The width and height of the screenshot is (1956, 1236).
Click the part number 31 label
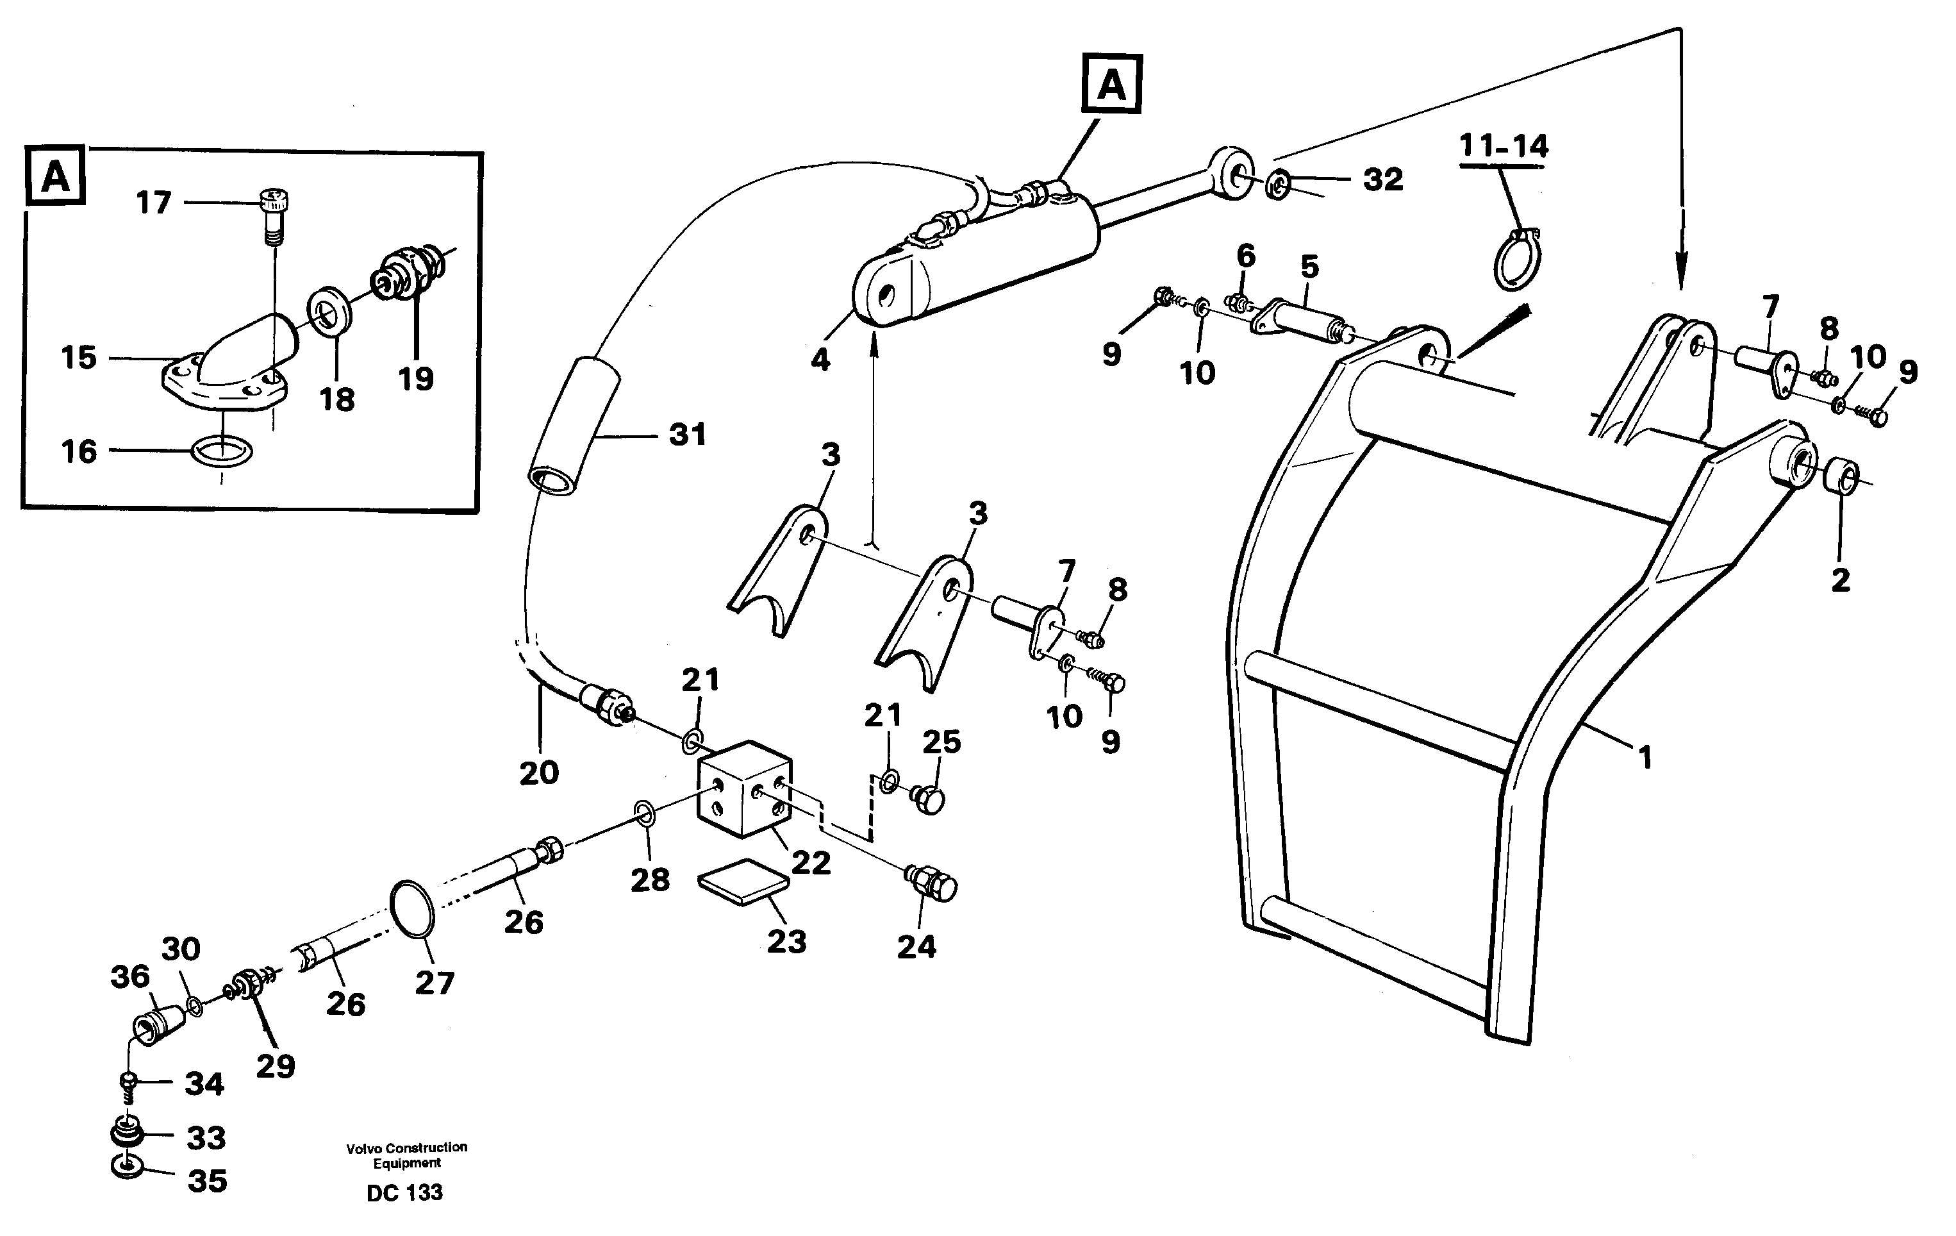(687, 435)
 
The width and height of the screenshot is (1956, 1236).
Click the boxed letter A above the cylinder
(1111, 84)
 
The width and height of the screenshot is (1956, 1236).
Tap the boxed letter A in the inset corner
(55, 176)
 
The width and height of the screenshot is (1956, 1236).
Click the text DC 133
(404, 1193)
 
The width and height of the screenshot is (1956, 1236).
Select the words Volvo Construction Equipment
(406, 1155)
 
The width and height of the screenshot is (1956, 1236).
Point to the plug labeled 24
(933, 883)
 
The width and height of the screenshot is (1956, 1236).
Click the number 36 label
(130, 977)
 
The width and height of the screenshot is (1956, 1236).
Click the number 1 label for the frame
(1645, 758)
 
